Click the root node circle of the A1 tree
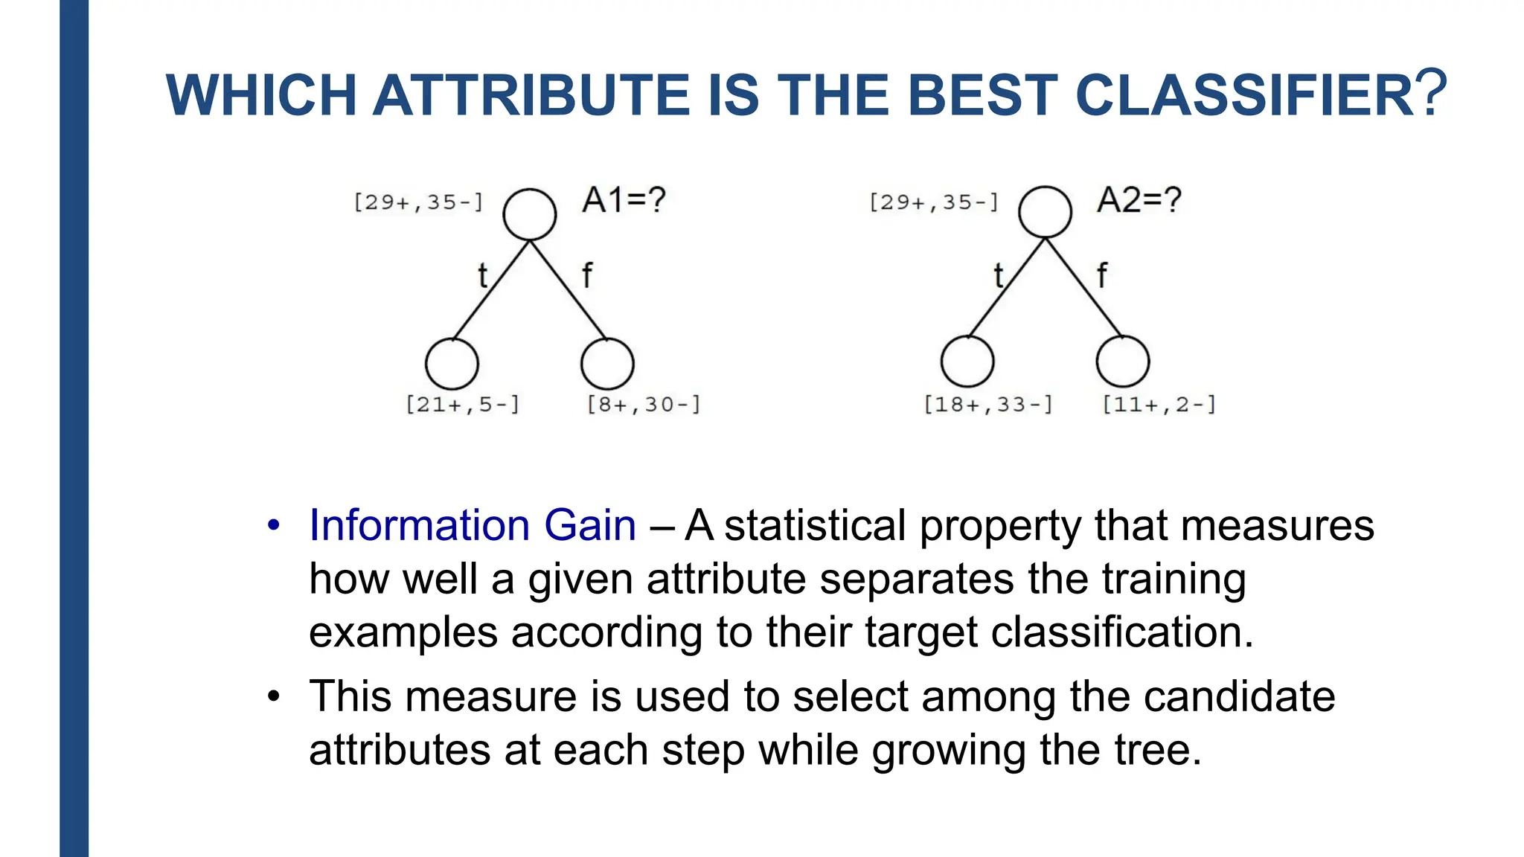click(529, 214)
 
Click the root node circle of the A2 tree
click(1045, 213)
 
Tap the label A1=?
click(624, 200)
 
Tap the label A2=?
click(1139, 200)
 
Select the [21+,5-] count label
click(462, 405)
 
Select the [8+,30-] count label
click(644, 405)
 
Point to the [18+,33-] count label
click(988, 405)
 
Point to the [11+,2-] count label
click(1159, 405)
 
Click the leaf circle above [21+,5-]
click(452, 364)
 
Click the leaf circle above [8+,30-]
click(607, 364)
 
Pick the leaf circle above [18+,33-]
click(967, 362)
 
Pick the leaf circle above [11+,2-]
click(1123, 362)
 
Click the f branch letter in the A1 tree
click(587, 275)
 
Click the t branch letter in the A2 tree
click(999, 276)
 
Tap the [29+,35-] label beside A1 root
click(418, 202)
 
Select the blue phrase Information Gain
click(473, 525)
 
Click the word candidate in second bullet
click(1239, 697)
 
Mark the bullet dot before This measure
click(274, 696)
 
